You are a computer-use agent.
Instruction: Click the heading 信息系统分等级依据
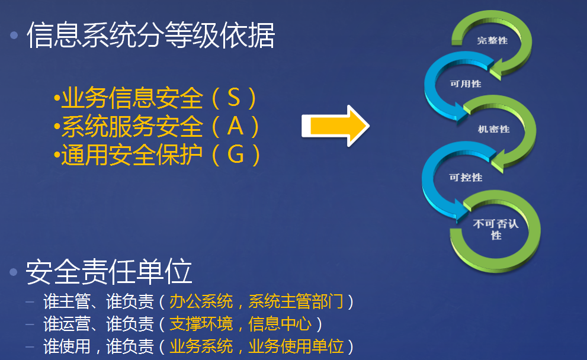[151, 35]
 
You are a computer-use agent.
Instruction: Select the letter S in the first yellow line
[233, 98]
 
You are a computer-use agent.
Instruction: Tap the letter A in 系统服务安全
[236, 126]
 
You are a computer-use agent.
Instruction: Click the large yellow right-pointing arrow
[335, 126]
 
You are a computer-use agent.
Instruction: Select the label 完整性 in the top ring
[492, 40]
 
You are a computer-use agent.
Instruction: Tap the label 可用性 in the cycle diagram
[466, 83]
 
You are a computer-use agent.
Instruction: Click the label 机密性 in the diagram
[494, 129]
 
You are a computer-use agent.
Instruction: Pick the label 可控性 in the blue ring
[466, 177]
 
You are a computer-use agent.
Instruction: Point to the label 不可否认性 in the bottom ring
[496, 229]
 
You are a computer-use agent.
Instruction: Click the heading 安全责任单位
[109, 272]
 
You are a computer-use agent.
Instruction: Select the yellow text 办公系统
[201, 301]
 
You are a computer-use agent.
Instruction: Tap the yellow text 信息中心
[280, 324]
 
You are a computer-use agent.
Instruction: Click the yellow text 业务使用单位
[296, 346]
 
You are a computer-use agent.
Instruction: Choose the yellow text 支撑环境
[201, 324]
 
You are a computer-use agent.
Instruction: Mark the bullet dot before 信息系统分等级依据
[14, 36]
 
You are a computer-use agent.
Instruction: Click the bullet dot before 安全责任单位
[14, 272]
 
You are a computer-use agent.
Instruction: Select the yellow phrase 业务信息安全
[132, 98]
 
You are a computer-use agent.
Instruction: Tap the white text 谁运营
[67, 324]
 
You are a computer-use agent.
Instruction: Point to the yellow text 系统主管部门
[296, 301]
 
